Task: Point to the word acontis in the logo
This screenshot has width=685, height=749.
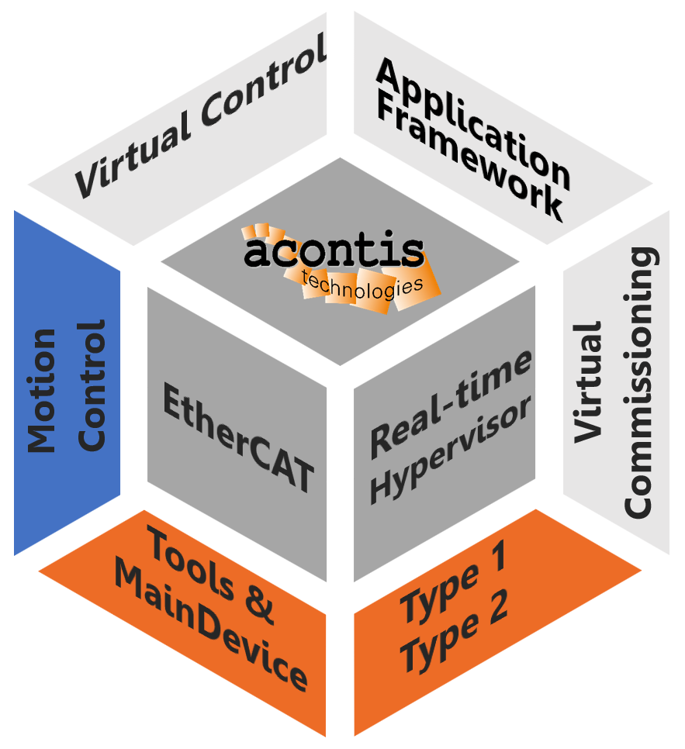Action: pyautogui.click(x=334, y=252)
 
